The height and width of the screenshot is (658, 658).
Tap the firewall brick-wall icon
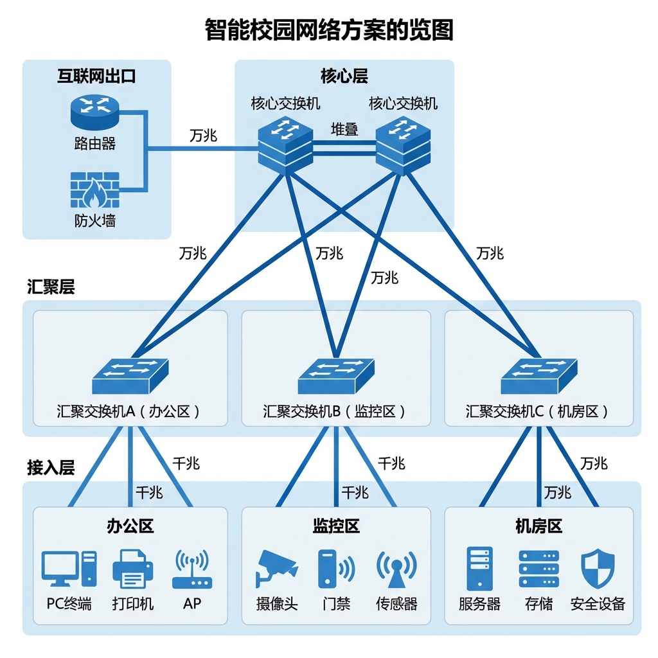pos(94,189)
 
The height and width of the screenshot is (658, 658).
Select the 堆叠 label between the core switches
pos(344,129)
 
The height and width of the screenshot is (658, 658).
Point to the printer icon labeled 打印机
pos(133,569)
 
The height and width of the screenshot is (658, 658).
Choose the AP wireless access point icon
pos(191,569)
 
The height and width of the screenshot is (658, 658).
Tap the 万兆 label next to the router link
pos(203,136)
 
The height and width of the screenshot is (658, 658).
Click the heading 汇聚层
pos(51,287)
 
